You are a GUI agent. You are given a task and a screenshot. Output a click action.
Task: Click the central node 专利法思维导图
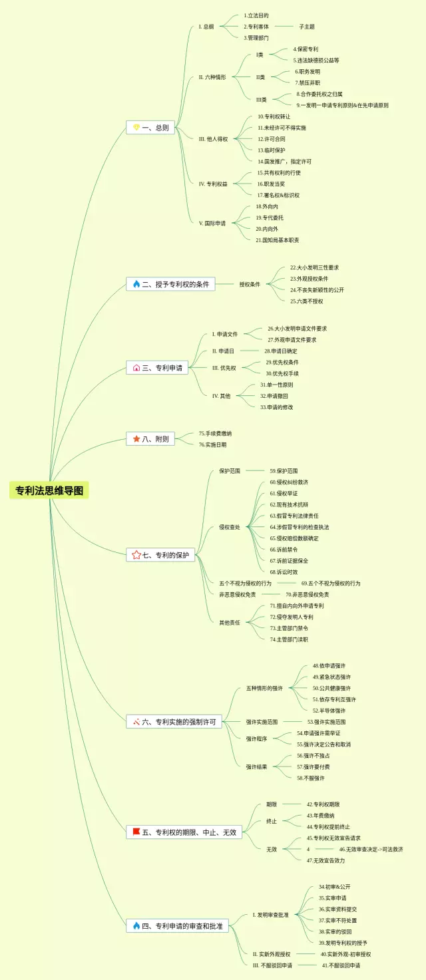click(50, 491)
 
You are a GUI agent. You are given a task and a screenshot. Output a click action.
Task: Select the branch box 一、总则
click(150, 127)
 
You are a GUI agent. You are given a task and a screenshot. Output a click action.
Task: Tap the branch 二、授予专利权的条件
click(170, 284)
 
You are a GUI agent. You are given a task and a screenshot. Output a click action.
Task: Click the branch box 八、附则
click(150, 438)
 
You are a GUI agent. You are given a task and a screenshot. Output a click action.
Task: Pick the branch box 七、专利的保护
click(160, 554)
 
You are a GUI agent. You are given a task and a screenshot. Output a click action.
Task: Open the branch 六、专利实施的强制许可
click(174, 721)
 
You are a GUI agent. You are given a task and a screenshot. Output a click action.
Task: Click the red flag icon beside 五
click(136, 832)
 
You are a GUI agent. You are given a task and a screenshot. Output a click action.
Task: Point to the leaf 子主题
click(306, 27)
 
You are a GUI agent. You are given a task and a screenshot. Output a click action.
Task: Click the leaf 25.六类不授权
click(306, 301)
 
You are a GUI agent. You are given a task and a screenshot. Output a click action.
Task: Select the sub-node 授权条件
click(250, 284)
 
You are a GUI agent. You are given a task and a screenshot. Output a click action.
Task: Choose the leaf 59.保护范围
click(284, 470)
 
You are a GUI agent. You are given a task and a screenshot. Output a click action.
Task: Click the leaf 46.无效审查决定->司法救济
click(371, 849)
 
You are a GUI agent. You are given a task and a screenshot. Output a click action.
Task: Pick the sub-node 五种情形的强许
click(264, 688)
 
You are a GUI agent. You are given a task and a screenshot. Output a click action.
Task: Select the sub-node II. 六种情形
click(212, 77)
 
